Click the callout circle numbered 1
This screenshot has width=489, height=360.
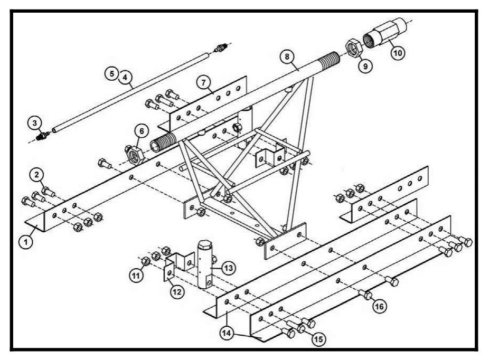(x=25, y=242)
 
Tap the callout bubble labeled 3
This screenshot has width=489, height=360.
(x=34, y=123)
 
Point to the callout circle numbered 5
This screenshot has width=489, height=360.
(x=111, y=74)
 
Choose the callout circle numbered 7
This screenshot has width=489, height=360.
(x=203, y=82)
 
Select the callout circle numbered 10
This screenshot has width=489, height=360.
(x=398, y=53)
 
